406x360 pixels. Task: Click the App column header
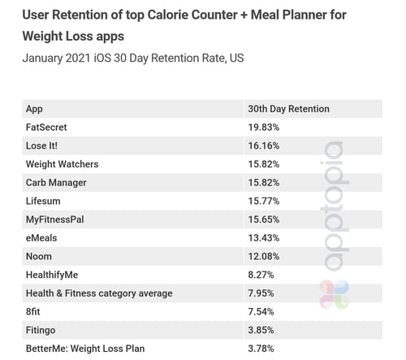coord(34,109)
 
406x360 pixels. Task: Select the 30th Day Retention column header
coord(288,109)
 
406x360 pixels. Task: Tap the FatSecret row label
coord(46,128)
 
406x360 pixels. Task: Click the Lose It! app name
coord(41,145)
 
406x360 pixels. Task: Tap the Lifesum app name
coord(43,201)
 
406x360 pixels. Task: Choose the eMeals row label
coord(41,237)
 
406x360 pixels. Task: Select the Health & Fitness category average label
coord(99,293)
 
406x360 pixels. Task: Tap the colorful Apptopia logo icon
coord(334,293)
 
